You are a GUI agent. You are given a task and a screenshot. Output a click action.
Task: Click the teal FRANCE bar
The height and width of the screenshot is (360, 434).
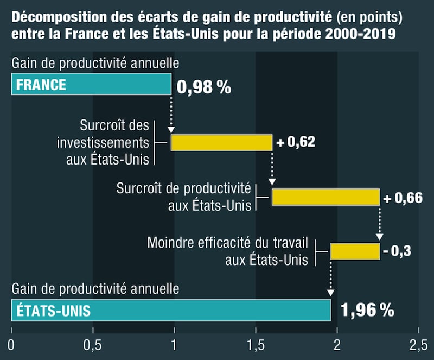point(91,85)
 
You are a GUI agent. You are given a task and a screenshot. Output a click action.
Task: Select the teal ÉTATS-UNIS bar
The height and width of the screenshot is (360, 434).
point(171,310)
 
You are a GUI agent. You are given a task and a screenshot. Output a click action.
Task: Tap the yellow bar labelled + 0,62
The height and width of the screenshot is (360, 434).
point(221,142)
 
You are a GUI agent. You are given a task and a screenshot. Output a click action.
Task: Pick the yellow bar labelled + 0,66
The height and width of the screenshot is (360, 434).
point(325,197)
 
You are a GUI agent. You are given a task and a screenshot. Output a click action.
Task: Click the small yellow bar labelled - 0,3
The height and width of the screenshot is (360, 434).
point(355,251)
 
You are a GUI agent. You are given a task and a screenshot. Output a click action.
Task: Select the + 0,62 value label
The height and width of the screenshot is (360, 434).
point(296,142)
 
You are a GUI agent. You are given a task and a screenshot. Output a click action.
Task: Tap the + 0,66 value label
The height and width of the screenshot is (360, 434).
point(403,198)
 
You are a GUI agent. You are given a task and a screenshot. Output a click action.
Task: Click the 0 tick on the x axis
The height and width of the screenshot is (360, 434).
point(11,345)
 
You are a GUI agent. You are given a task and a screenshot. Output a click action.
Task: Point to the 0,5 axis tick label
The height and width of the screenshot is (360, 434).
point(93,345)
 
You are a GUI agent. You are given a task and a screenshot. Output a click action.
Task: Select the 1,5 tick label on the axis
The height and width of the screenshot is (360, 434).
point(256,345)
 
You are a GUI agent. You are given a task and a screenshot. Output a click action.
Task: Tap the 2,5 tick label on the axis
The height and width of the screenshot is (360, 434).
point(418,345)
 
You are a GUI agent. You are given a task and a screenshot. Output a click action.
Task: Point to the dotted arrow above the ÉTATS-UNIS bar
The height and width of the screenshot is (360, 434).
point(330,279)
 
